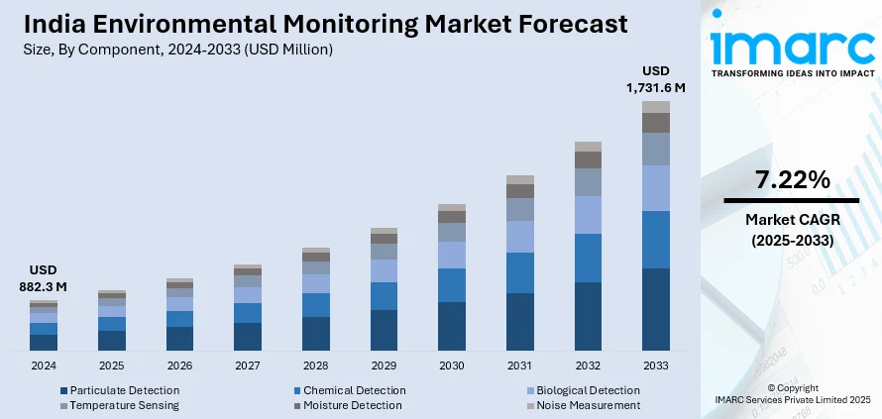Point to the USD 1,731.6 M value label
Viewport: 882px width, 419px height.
point(655,79)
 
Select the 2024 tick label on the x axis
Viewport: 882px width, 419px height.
point(43,366)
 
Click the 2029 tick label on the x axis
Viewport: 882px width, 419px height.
point(384,366)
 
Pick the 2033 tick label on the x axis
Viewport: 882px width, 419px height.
point(655,366)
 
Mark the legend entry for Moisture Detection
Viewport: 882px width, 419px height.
point(352,405)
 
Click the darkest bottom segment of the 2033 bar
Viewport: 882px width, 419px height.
point(655,309)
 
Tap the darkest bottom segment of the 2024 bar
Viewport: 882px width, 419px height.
point(43,343)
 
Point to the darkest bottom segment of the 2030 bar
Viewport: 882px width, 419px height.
point(452,326)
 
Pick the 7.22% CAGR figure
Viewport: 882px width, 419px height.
point(791,180)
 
